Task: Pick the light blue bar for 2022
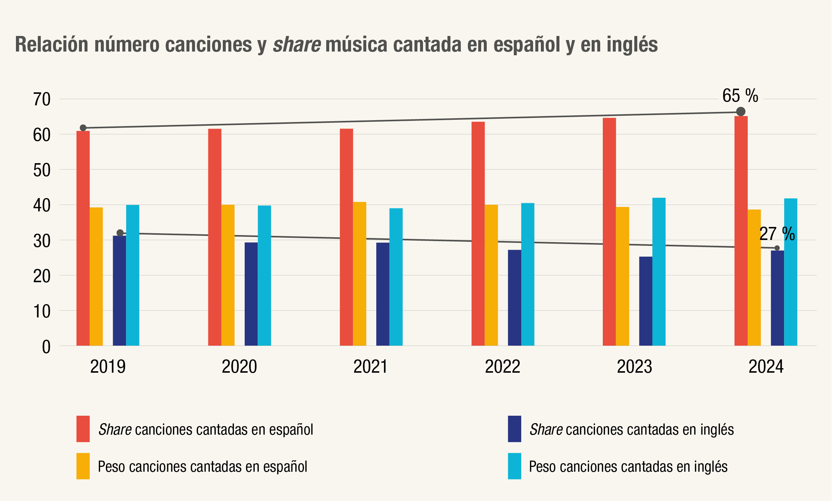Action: point(528,274)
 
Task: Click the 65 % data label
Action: point(740,96)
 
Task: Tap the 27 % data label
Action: point(777,234)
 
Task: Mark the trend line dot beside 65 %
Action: point(741,112)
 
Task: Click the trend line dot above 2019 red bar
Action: point(83,128)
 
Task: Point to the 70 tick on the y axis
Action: point(42,99)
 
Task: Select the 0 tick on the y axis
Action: point(46,347)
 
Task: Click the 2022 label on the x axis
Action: point(502,367)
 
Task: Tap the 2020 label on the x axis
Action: point(239,367)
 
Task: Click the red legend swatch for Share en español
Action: point(83,429)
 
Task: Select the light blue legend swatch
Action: point(514,466)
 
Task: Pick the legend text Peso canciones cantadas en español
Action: point(202,467)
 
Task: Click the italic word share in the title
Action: point(297,45)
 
